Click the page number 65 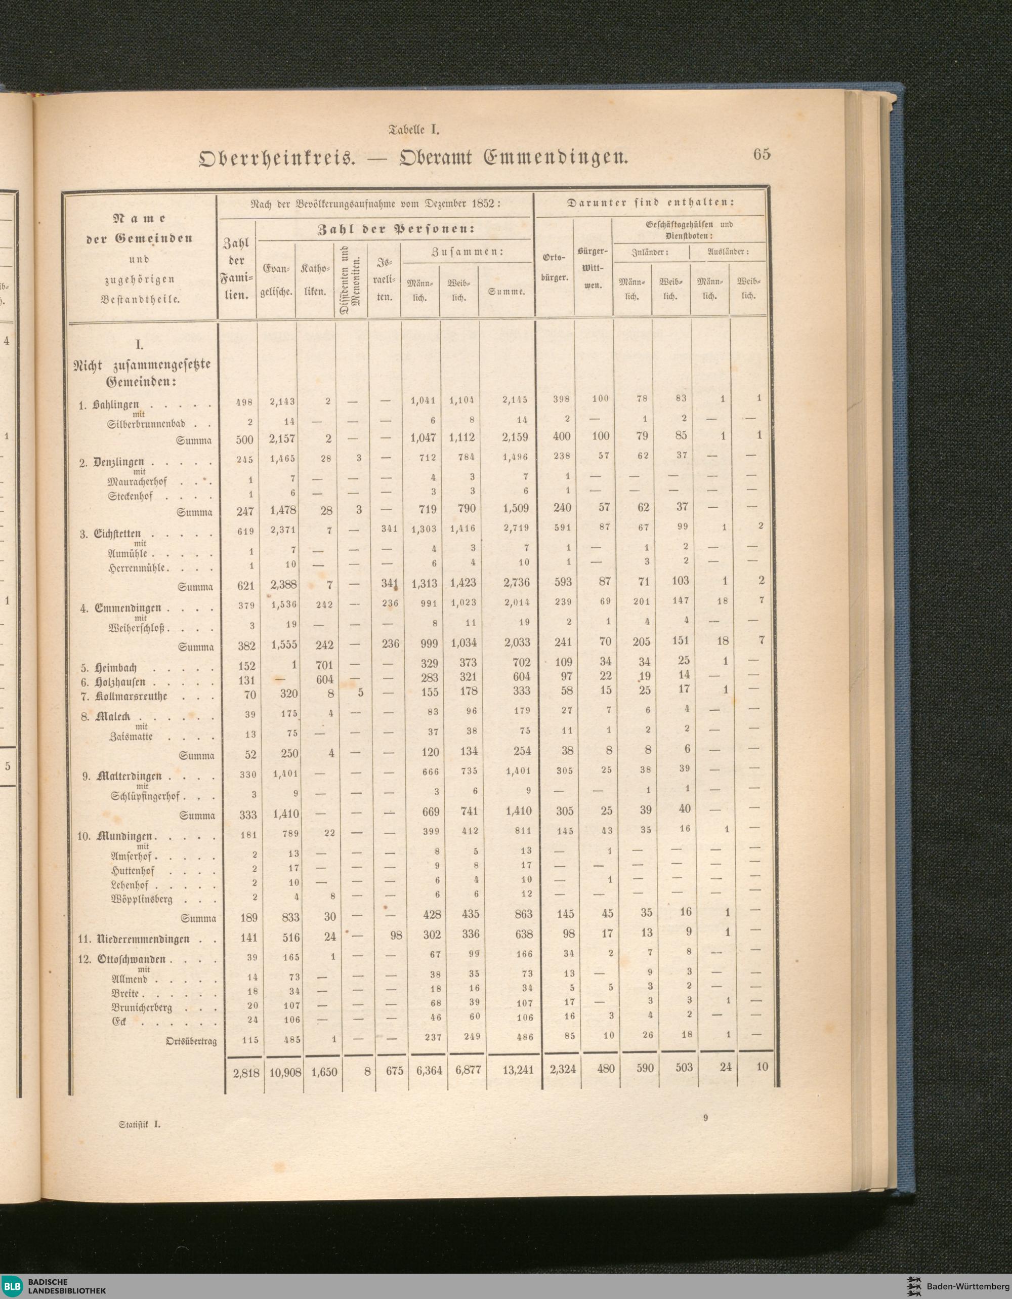point(761,154)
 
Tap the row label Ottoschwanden point(132,959)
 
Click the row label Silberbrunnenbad point(147,425)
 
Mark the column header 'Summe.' point(507,292)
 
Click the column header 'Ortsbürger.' point(554,268)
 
